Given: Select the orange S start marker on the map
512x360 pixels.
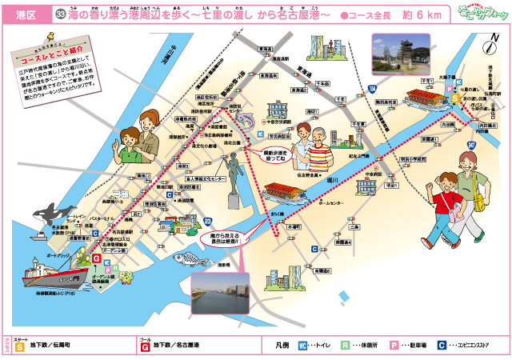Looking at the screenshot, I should click(x=454, y=98).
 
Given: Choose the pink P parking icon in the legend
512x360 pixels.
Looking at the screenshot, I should click(x=394, y=346).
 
